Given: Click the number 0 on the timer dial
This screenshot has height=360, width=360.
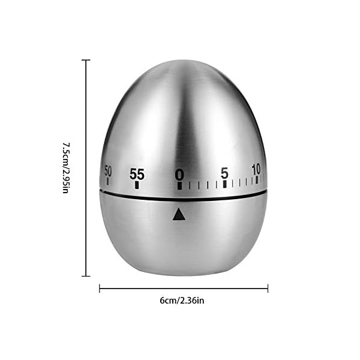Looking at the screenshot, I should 179,175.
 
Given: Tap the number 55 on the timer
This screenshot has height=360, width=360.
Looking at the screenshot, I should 137,175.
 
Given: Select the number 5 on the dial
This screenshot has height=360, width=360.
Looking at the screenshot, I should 224,173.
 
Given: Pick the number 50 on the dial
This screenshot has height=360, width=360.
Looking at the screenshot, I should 108,170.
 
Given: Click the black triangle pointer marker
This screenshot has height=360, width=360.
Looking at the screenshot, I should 178,214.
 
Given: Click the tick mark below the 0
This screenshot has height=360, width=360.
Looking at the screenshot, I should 179,185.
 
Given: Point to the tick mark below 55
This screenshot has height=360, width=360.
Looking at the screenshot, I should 137,185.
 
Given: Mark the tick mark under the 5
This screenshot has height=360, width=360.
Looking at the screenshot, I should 224,184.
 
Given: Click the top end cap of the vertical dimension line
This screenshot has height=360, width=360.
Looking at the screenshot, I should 86,60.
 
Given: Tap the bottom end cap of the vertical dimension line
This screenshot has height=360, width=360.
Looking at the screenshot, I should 86,275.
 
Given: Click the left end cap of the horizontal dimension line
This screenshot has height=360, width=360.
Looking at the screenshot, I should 99,289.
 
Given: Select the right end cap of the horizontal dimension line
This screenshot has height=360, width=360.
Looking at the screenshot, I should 268,289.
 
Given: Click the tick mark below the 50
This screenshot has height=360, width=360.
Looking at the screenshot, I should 108,180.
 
